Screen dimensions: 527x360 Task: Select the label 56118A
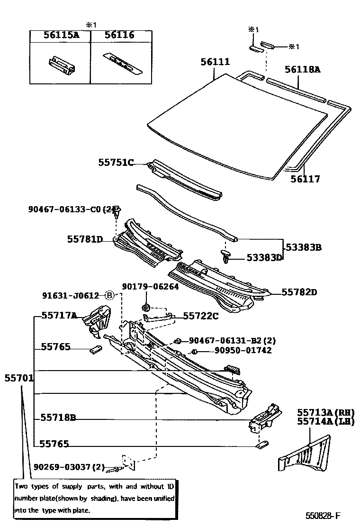coord(302,70)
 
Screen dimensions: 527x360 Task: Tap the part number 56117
coord(306,179)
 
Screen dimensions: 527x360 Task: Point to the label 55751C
coord(116,163)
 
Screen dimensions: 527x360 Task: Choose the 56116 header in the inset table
coord(119,35)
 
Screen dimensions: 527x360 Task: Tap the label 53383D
coord(264,257)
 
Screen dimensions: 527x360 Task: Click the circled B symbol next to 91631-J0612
coord(109,296)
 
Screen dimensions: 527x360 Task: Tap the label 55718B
coord(58,418)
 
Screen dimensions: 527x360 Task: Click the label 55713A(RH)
coord(325,412)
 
